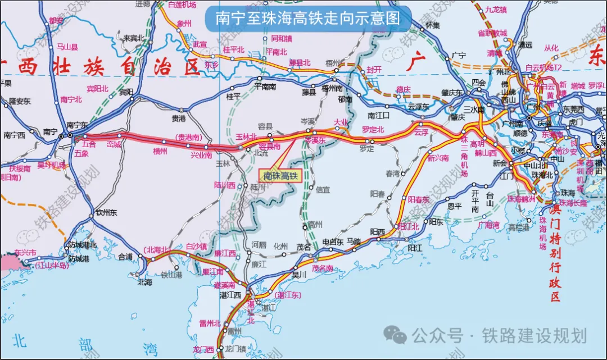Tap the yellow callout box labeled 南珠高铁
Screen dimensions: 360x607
pos(279,176)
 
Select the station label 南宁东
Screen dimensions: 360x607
pos(78,125)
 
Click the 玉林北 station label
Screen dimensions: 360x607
pos(246,136)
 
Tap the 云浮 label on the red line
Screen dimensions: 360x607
pos(421,133)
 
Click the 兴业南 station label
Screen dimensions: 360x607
pos(201,154)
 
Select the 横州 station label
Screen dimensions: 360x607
pos(160,151)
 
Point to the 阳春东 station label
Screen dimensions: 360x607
pos(418,199)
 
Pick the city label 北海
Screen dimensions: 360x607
pos(144,282)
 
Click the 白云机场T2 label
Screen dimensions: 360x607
pos(543,67)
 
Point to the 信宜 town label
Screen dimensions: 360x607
pos(323,189)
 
